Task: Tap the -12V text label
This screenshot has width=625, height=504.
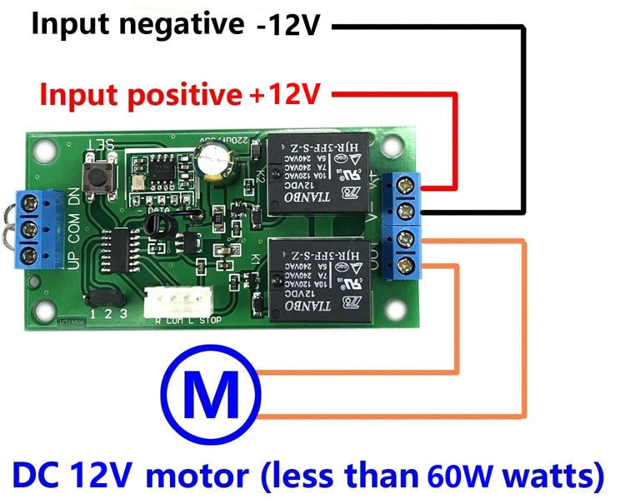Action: click(x=288, y=27)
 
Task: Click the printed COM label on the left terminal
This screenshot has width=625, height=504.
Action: click(x=73, y=227)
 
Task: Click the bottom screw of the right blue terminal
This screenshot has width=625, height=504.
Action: click(x=407, y=265)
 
